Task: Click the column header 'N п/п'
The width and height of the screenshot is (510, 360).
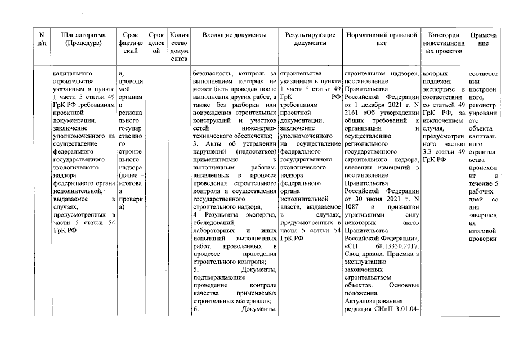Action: click(41, 39)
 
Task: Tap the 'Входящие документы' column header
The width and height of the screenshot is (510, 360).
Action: click(234, 35)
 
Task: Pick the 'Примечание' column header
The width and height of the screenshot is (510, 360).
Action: click(483, 39)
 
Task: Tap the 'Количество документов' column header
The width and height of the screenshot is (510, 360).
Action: click(178, 47)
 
